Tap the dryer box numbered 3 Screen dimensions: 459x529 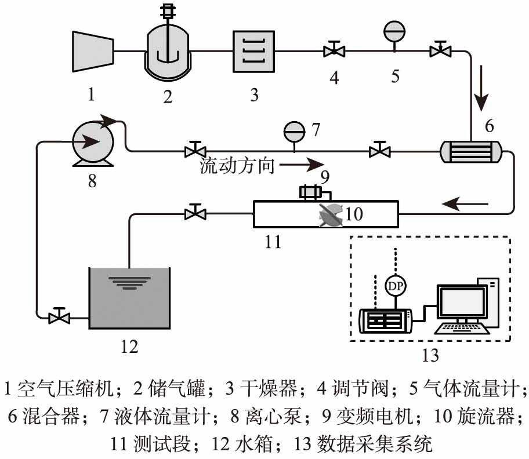pyautogui.click(x=254, y=52)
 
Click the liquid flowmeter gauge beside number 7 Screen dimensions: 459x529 pyautogui.click(x=294, y=131)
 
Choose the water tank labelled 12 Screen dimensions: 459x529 pyautogui.click(x=128, y=299)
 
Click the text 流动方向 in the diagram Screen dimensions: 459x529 pyautogui.click(x=235, y=166)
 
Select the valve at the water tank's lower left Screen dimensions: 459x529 pyautogui.click(x=59, y=317)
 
